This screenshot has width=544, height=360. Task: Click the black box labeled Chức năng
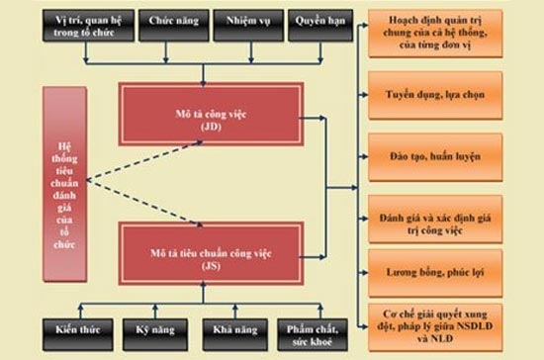pos(172,24)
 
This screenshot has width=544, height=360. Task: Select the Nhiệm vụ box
pos(245,24)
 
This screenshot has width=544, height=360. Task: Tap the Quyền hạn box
pos(316,24)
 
